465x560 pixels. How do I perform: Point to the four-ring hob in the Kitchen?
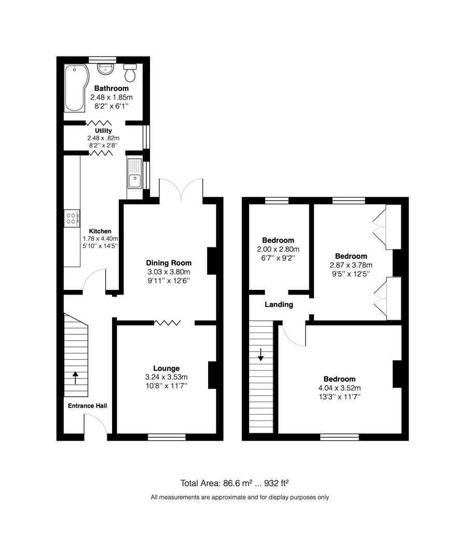pos(72,218)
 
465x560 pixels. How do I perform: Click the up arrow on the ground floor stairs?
pos(75,377)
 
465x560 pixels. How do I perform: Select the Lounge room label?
pos(166,368)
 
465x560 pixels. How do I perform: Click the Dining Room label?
pos(168,263)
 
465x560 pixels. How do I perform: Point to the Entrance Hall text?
pos(87,405)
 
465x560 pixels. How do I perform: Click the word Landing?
pos(279,305)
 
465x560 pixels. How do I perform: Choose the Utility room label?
pos(103,131)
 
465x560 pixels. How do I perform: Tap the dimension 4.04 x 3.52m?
pos(339,388)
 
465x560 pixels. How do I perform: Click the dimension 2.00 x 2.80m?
pos(278,249)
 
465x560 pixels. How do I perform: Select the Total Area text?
pos(234,483)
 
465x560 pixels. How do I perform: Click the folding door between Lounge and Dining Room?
pos(167,323)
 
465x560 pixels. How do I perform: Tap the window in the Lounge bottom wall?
pos(167,437)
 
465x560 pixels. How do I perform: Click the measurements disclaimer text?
pos(239,497)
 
